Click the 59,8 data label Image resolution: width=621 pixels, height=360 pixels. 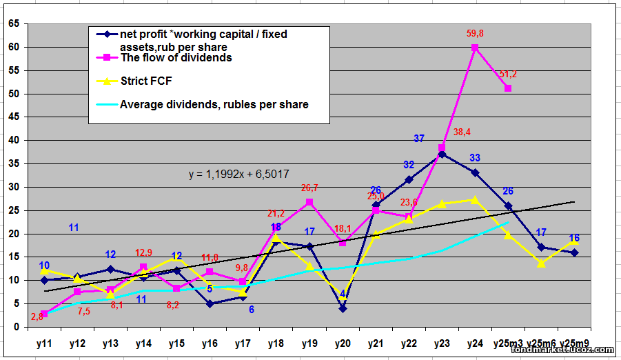[x=475, y=32]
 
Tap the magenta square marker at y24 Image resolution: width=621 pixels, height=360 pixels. [x=475, y=48]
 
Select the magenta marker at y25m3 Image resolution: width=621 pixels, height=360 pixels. [x=508, y=88]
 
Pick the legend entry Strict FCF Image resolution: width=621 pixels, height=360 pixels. [x=146, y=81]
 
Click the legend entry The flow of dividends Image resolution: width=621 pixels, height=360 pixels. [x=176, y=58]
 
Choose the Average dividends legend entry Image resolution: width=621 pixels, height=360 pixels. [x=214, y=104]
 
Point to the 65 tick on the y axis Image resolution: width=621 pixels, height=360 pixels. [x=13, y=23]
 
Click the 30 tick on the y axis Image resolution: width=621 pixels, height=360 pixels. [x=13, y=187]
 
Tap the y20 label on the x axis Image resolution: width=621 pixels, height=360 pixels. [x=343, y=343]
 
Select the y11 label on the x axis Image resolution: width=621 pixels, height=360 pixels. [x=44, y=343]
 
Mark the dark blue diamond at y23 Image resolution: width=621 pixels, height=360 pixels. [x=442, y=154]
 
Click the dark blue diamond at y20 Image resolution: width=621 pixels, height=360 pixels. [x=343, y=308]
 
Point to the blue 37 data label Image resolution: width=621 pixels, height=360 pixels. [x=419, y=139]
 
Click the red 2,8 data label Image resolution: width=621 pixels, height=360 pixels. [x=37, y=317]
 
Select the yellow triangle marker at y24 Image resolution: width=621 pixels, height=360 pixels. [x=475, y=199]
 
